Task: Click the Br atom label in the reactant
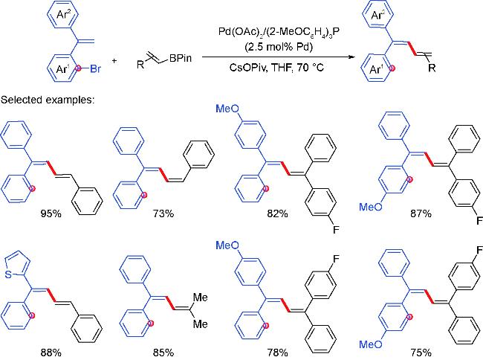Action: click(96, 68)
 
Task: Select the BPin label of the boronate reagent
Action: click(181, 58)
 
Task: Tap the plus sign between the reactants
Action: click(114, 61)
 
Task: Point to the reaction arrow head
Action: click(350, 57)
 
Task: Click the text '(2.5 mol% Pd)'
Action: click(279, 47)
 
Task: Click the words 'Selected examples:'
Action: click(48, 100)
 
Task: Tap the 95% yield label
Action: click(51, 213)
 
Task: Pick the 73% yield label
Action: click(163, 213)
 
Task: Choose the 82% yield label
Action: click(278, 213)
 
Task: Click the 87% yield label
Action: click(421, 213)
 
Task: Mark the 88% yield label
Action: click(51, 353)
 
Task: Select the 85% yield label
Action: click(163, 353)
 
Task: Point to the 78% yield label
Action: click(278, 353)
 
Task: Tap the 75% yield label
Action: click(421, 353)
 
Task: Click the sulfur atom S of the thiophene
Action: click(8, 274)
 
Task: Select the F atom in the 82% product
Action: click(336, 230)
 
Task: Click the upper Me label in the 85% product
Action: click(200, 298)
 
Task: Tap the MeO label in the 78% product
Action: click(227, 245)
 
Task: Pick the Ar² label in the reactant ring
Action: click(64, 15)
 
